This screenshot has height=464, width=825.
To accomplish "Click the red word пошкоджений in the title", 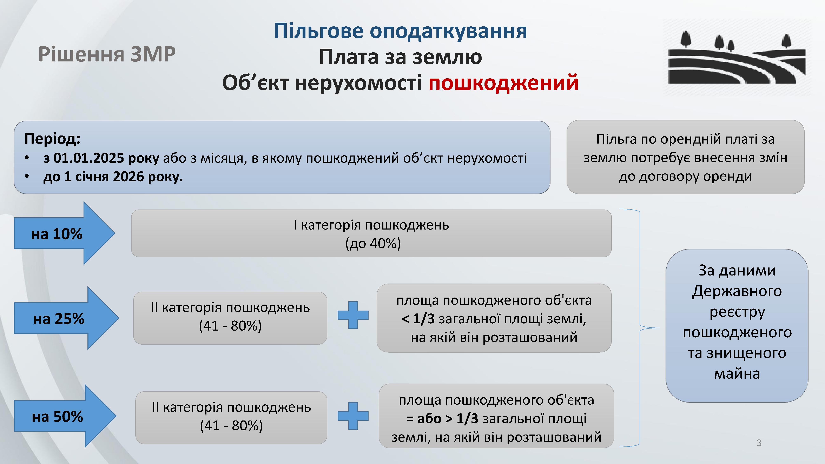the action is point(503,83).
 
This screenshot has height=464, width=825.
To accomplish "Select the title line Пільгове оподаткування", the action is point(400,31).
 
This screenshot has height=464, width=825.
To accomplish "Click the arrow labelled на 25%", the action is point(66,318).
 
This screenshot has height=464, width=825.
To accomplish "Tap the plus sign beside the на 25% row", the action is point(353,315).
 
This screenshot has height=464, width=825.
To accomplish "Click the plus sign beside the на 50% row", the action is point(353,416).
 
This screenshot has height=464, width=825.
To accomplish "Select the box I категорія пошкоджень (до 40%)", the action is point(371,233).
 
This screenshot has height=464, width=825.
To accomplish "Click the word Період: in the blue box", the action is point(52,139).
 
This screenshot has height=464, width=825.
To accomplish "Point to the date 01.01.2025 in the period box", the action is point(88,158).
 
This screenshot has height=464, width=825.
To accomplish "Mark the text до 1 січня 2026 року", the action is point(113,177).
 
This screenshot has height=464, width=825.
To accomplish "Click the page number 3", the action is point(759,443).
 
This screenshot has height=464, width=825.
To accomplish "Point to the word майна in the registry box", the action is point(737,374).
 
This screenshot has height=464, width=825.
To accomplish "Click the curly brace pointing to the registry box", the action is point(640,328).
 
